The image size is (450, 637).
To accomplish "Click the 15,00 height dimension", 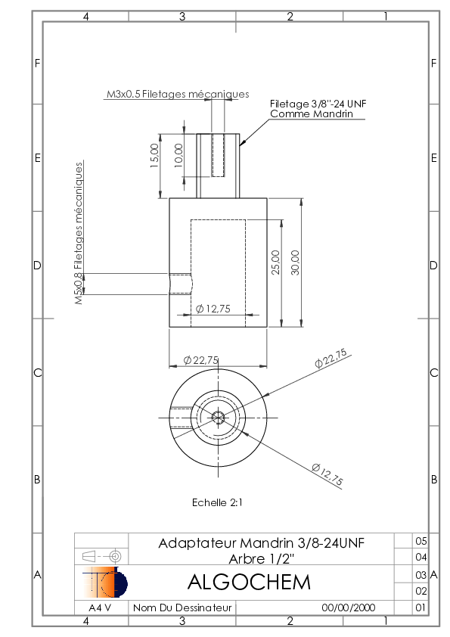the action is tap(155, 156).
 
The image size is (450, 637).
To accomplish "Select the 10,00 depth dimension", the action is tap(178, 155).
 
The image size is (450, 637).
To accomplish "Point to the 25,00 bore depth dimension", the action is tap(276, 263).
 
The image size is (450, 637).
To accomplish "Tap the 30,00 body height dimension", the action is tap(295, 263).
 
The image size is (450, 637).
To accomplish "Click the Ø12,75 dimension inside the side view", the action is tap(213, 309).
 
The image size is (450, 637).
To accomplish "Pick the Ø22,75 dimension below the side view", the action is tap(201, 360).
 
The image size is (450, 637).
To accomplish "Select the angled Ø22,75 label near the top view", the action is tap(331, 359).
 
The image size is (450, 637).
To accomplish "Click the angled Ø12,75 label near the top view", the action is tap(327, 474).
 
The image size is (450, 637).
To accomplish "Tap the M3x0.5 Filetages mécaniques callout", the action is tap(178, 95).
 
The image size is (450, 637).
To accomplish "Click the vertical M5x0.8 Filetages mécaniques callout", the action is tap(79, 233).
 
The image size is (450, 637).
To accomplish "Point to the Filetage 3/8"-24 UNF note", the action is tap(318, 104).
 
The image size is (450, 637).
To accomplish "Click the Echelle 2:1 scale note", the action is tap(217, 502).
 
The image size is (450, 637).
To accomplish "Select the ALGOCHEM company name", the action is tap(249, 583).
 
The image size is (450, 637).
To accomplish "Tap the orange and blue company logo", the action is tap(105, 583).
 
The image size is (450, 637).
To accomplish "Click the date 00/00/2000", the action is tap(349, 607).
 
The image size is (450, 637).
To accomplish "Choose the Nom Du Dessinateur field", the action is tap(182, 607).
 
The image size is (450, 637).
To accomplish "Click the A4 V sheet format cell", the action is tap(100, 607).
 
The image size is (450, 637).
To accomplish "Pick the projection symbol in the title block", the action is tap(102, 556).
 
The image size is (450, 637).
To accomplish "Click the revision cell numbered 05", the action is tap(421, 541).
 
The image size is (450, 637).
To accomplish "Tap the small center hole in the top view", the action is tap(219, 417).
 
